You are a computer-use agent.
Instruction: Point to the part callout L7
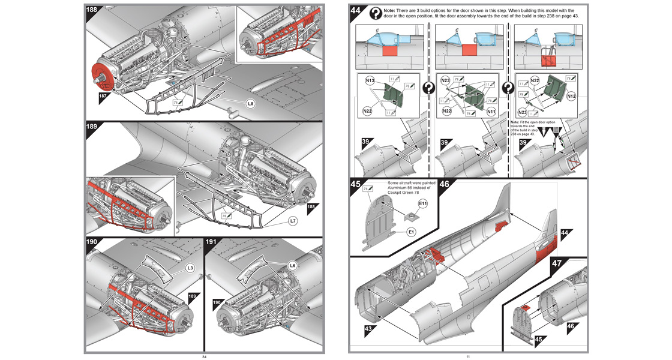[292, 221]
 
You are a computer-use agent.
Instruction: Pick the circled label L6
[292, 265]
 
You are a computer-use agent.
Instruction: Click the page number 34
[204, 356]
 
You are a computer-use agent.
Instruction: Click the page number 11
[467, 356]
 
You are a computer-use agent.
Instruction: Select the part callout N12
[570, 96]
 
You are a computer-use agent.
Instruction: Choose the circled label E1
[411, 231]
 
